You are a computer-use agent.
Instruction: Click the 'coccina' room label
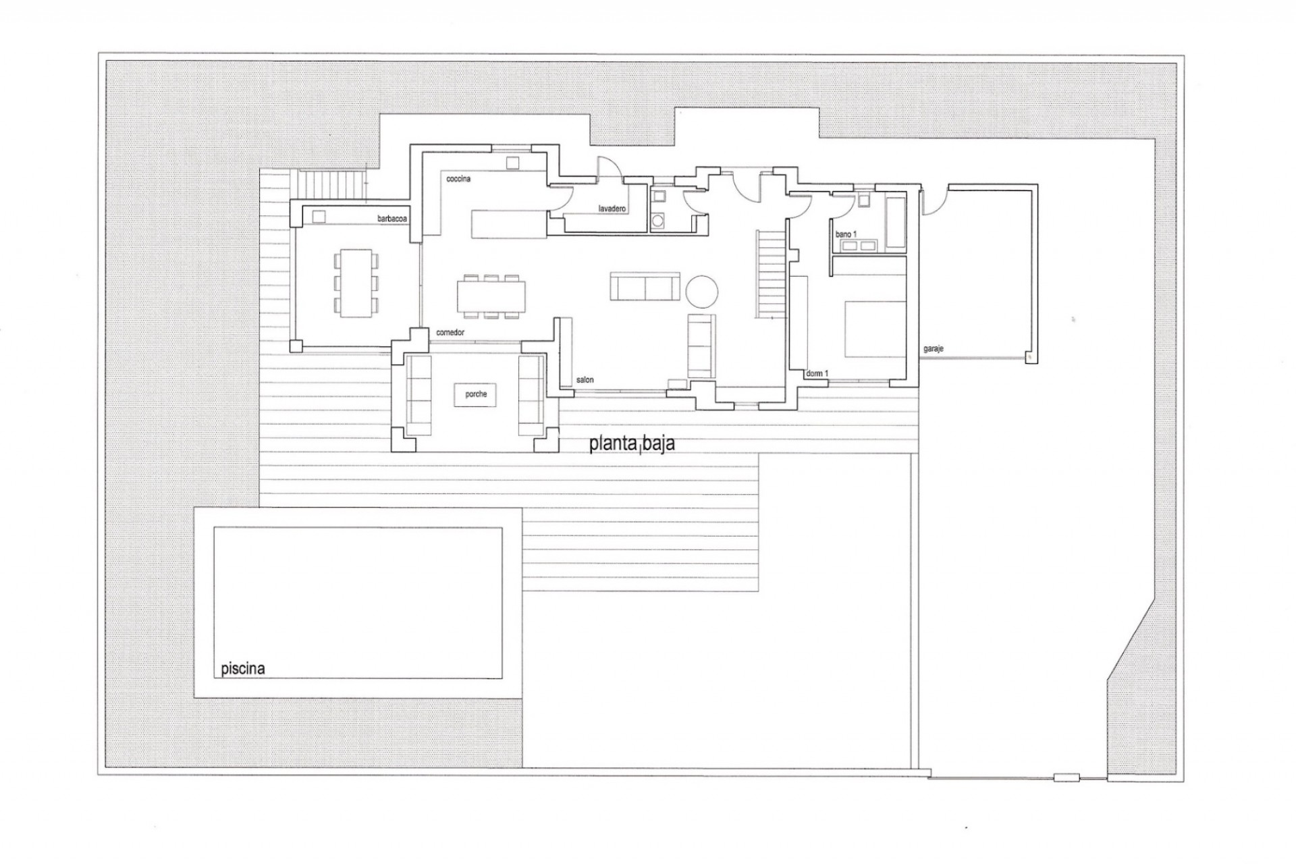458,180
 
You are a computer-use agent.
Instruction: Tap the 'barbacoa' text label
392,219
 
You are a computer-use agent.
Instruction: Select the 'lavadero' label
612,209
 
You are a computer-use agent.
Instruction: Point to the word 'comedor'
450,333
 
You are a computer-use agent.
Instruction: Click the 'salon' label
585,380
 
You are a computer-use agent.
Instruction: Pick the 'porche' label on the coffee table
476,394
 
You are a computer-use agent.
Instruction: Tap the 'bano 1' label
846,234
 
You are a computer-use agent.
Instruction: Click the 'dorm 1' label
817,373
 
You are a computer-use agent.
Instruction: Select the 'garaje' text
934,349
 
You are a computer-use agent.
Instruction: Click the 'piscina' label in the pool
243,669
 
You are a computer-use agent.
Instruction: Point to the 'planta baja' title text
632,444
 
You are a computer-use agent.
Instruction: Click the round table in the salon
702,292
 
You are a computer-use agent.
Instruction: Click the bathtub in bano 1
895,222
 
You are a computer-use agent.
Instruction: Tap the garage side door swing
932,201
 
